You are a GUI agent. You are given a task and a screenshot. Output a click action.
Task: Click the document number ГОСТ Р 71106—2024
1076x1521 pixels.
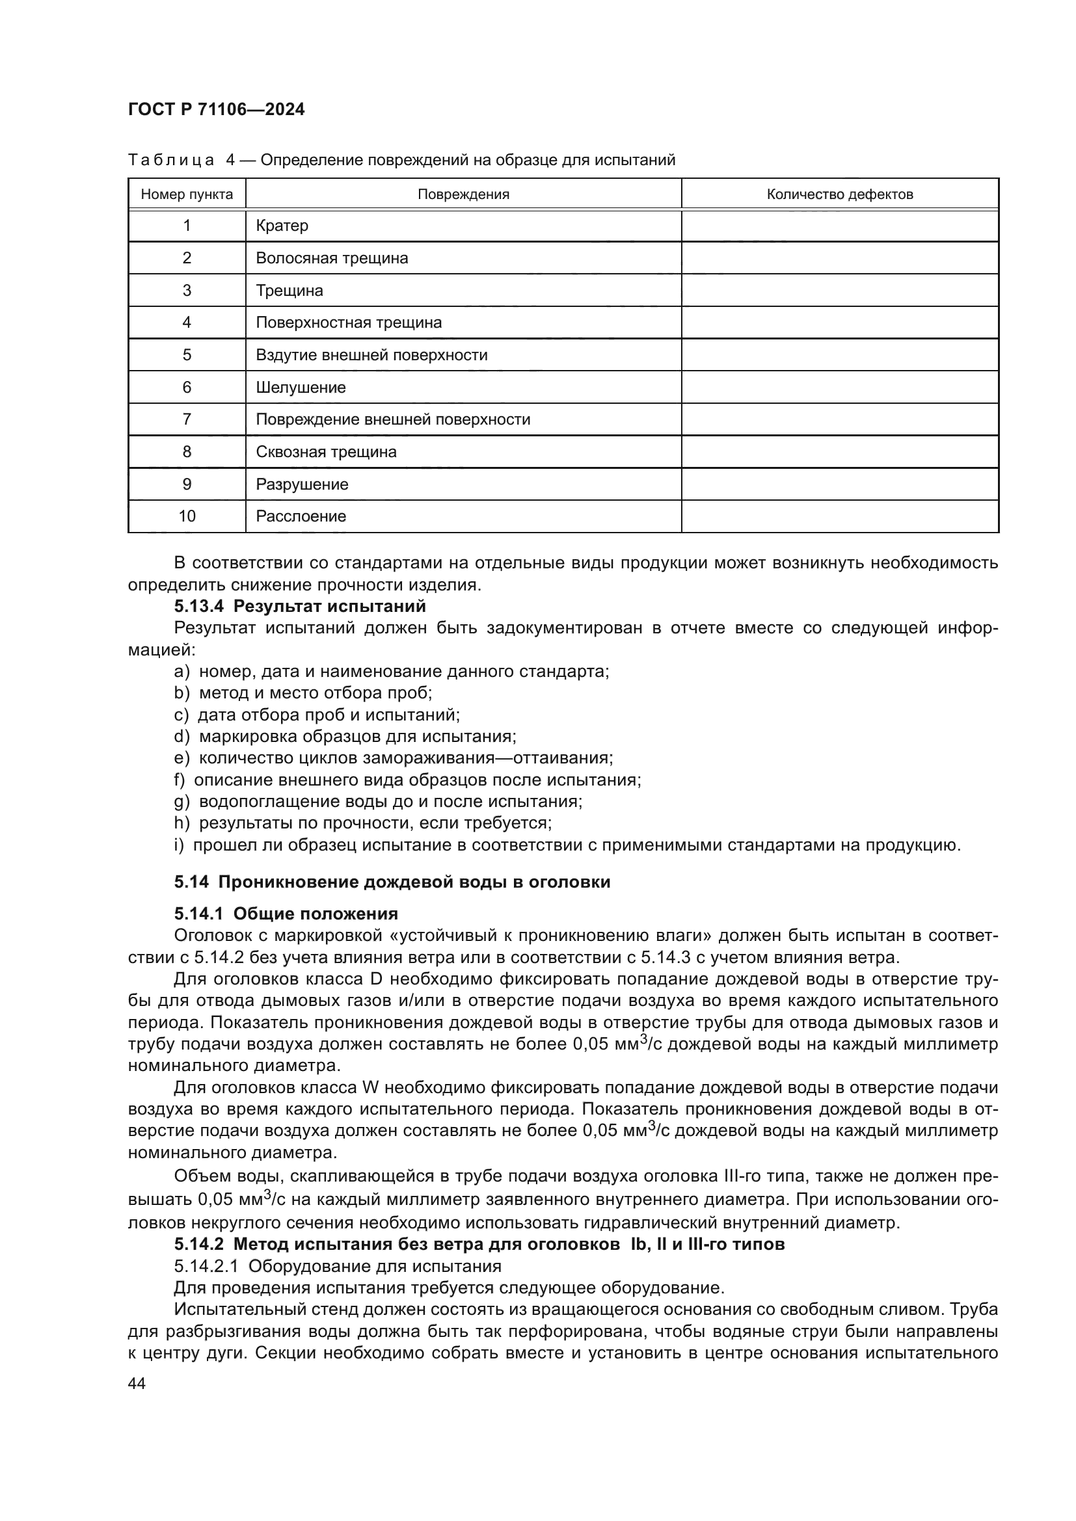[216, 110]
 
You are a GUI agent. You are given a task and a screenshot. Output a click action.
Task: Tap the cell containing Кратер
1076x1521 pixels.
[282, 226]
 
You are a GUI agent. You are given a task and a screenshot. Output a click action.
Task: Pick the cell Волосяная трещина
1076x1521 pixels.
[332, 258]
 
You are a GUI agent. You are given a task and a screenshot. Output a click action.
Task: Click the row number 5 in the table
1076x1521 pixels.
[187, 355]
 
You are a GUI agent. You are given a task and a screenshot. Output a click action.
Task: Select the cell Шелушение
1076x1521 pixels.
[301, 388]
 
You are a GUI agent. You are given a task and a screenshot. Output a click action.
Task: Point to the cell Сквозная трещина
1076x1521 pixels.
[326, 453]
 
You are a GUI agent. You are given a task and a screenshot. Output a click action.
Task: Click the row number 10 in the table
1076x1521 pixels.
[187, 517]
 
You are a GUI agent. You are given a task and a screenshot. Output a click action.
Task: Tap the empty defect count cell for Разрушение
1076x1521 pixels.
[839, 484]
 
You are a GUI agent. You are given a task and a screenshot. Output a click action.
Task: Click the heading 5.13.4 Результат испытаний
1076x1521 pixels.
[299, 606]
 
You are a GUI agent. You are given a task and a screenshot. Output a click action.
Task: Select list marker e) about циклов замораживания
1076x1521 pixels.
[182, 758]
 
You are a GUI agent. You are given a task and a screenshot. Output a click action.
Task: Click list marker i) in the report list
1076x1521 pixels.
[179, 845]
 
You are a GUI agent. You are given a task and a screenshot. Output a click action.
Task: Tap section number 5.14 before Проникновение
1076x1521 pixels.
[191, 882]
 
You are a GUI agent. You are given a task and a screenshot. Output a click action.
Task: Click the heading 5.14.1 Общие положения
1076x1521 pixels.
[286, 914]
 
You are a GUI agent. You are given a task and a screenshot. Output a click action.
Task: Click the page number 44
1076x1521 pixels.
[137, 1383]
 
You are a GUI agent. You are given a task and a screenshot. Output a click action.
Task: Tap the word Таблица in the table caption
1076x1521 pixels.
[171, 161]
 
